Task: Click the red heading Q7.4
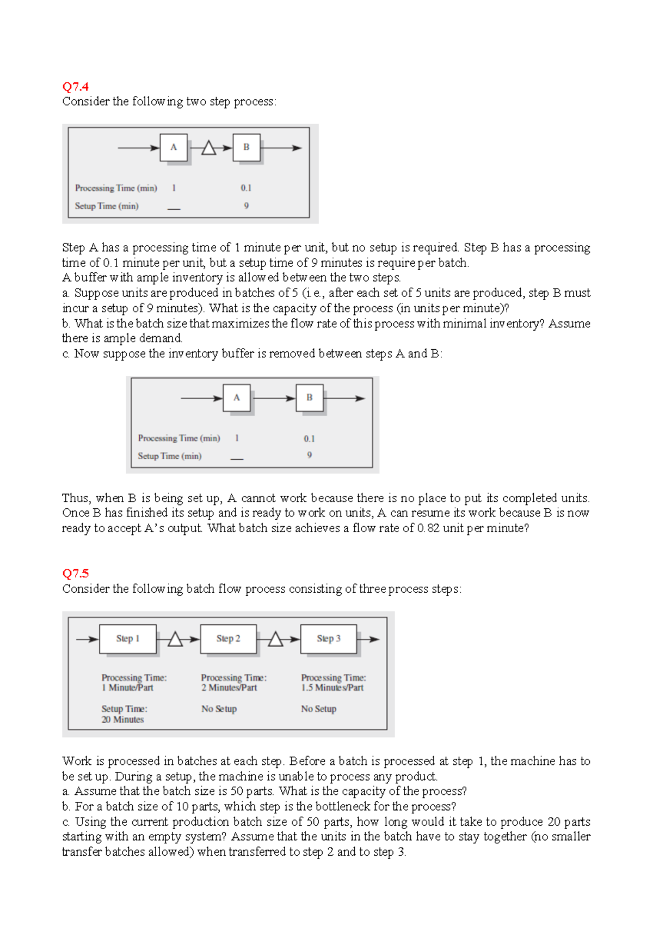(75, 87)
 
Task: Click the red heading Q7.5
(75, 573)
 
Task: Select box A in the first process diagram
(174, 147)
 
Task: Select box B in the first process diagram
(247, 147)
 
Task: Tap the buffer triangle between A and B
(209, 148)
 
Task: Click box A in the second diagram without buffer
(237, 398)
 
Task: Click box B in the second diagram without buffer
(310, 398)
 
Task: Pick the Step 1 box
(128, 638)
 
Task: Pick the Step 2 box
(228, 638)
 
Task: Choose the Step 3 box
(329, 638)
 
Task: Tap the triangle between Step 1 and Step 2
(175, 640)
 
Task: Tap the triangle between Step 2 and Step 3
(275, 640)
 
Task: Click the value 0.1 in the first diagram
(246, 188)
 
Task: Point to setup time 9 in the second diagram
(309, 455)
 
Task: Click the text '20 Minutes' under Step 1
(122, 720)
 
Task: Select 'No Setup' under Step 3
(319, 709)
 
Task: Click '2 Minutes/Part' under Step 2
(229, 688)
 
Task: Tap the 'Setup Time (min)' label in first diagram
(107, 206)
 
